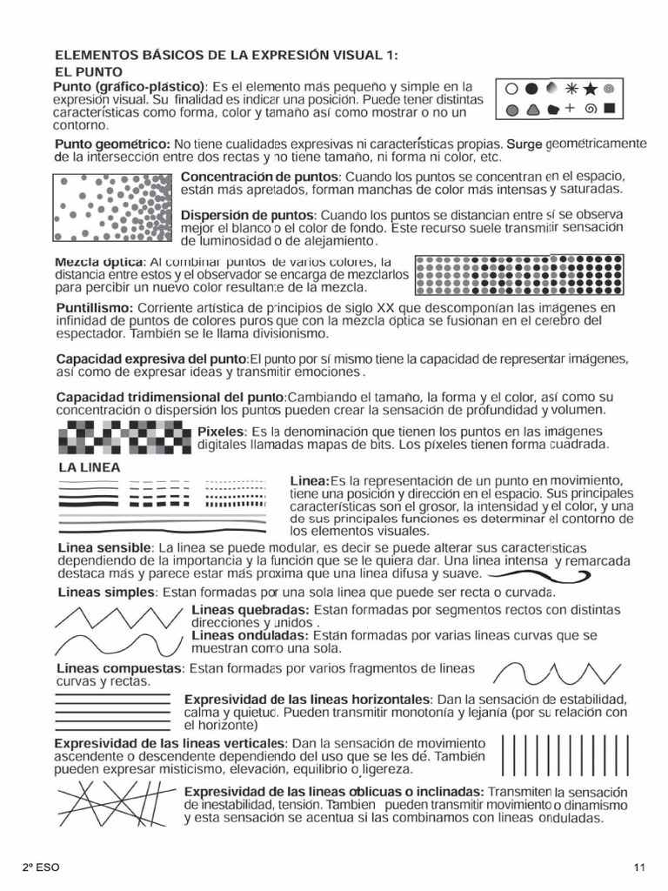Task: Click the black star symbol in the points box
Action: (591, 89)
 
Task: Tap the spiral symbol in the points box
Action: (591, 110)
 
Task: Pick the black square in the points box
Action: (610, 110)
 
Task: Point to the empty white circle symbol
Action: (511, 89)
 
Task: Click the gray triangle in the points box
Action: (531, 111)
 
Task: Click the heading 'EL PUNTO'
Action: (89, 71)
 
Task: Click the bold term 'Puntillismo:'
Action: (95, 308)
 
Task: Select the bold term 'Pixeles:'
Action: (222, 432)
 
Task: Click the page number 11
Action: (639, 868)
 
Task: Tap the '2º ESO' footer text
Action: (41, 868)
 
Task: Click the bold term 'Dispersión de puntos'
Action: (247, 214)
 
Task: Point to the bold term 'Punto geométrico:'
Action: (112, 144)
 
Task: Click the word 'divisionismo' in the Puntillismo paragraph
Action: (262, 333)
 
